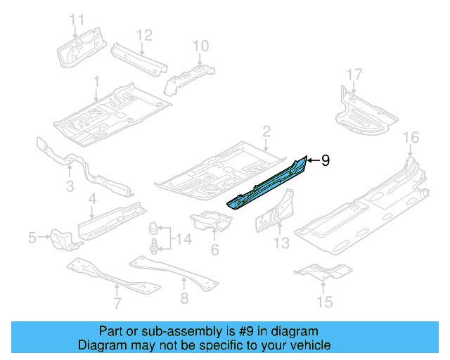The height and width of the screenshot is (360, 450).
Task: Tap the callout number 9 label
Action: (326, 161)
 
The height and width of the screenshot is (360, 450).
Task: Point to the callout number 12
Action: (143, 34)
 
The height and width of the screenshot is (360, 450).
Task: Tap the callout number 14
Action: (184, 240)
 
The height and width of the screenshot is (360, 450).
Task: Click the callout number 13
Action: (281, 243)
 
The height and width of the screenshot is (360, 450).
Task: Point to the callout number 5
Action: (32, 239)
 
